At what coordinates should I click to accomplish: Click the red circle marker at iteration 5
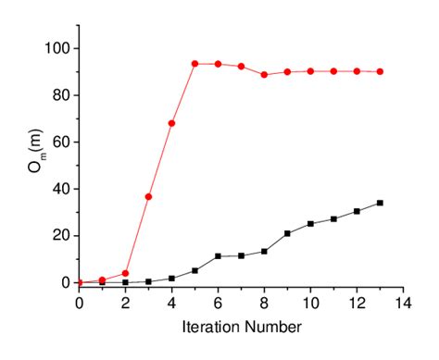[x=194, y=64]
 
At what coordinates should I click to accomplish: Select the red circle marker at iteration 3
[x=148, y=197]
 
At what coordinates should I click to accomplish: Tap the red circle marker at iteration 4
[x=171, y=123]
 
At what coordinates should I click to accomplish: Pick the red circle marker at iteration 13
[x=380, y=71]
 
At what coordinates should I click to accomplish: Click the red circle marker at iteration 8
[x=264, y=75]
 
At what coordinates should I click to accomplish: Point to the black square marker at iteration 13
[x=380, y=203]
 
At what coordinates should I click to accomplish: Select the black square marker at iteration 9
[x=287, y=233]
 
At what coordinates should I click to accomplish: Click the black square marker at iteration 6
[x=218, y=256]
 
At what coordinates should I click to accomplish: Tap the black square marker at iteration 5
[x=194, y=270]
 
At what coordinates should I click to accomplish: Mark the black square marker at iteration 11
[x=333, y=219]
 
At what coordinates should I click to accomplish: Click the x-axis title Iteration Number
[x=241, y=326]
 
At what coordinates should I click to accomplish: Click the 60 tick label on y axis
[x=62, y=142]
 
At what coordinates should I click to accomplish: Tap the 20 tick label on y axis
[x=62, y=235]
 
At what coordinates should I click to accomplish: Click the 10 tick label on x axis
[x=310, y=301]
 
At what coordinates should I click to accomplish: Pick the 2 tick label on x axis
[x=125, y=301]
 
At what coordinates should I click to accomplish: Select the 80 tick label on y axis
[x=62, y=95]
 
